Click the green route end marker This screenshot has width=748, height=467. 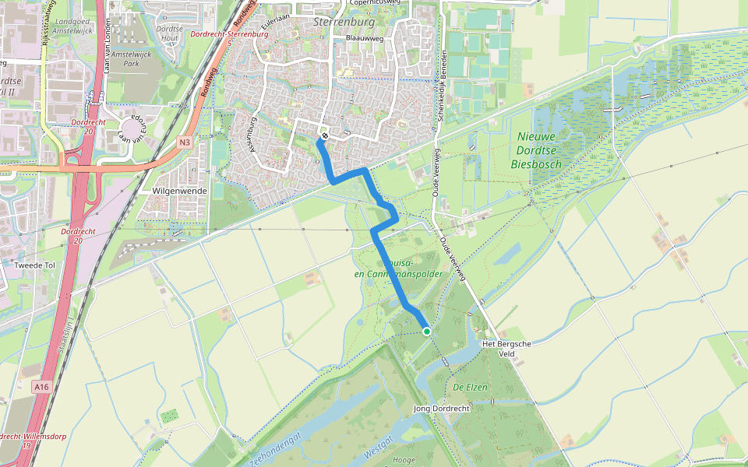tap(427, 332)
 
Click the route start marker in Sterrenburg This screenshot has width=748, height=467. tap(324, 136)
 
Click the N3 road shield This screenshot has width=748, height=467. tap(184, 142)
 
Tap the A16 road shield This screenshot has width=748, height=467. tap(41, 386)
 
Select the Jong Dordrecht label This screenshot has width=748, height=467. tap(441, 409)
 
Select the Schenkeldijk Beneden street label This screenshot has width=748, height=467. tap(442, 86)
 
